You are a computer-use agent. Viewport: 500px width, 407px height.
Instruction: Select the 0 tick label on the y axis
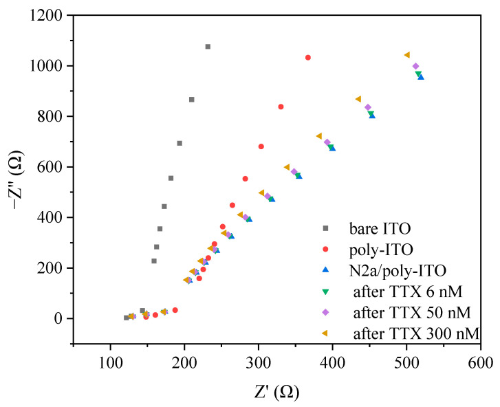coord(58,318)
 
